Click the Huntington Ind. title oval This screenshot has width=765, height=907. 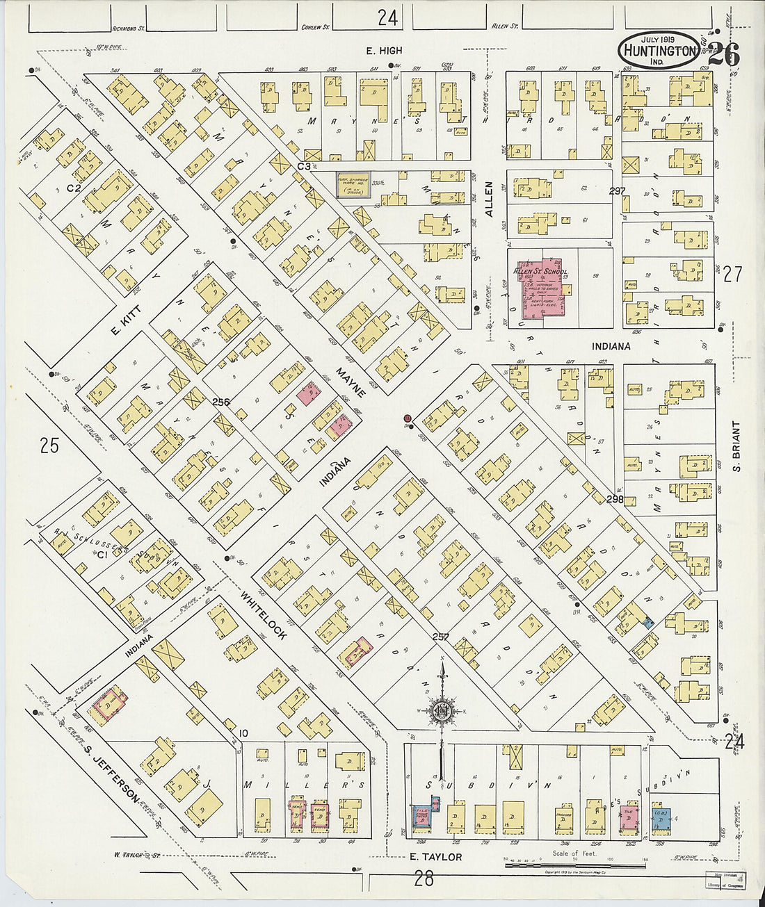pyautogui.click(x=658, y=50)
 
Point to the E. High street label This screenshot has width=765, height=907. pyautogui.click(x=385, y=51)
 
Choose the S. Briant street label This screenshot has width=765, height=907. pyautogui.click(x=736, y=446)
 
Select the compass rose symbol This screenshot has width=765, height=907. pyautogui.click(x=440, y=712)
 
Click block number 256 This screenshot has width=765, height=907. pyautogui.click(x=221, y=402)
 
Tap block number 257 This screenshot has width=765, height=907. pyautogui.click(x=440, y=637)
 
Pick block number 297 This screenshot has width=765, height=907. pyautogui.click(x=616, y=191)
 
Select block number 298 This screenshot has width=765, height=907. pyautogui.click(x=614, y=499)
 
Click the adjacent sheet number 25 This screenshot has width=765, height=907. pyautogui.click(x=49, y=445)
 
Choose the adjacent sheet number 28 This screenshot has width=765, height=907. pyautogui.click(x=423, y=879)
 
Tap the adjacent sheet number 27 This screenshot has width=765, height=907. pyautogui.click(x=732, y=275)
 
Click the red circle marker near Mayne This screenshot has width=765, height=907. pyautogui.click(x=408, y=418)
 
